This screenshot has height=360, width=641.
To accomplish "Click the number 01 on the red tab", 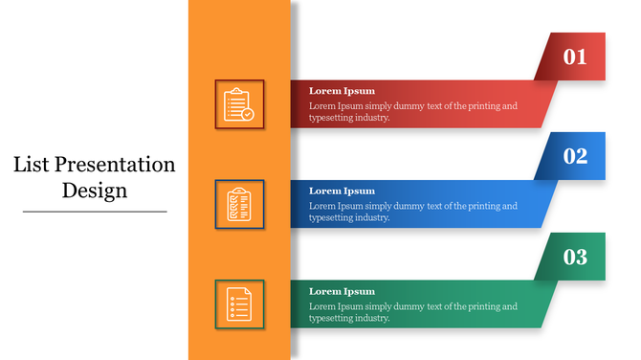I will click(575, 57).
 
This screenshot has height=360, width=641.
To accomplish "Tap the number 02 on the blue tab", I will click(575, 157).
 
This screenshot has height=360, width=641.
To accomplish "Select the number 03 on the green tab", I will click(575, 257).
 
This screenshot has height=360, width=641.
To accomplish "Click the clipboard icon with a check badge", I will click(238, 104).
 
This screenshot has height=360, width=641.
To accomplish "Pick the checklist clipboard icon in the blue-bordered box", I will click(238, 204).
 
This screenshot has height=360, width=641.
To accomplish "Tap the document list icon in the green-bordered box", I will click(238, 304).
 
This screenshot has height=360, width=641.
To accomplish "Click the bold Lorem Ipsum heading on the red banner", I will click(342, 91).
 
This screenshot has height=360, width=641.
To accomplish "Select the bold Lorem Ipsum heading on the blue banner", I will click(342, 191).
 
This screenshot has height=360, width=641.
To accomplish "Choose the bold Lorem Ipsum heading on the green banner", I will click(342, 291).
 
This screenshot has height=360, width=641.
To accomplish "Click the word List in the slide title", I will click(31, 165).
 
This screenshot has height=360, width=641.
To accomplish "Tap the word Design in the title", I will click(95, 190).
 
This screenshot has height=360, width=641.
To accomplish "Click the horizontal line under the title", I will click(95, 211).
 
